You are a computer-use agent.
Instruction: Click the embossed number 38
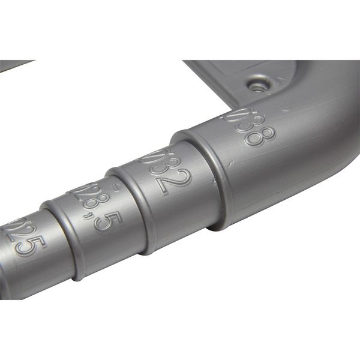254,129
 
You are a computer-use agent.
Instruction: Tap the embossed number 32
170,175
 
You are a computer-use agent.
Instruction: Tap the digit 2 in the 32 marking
177,182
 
